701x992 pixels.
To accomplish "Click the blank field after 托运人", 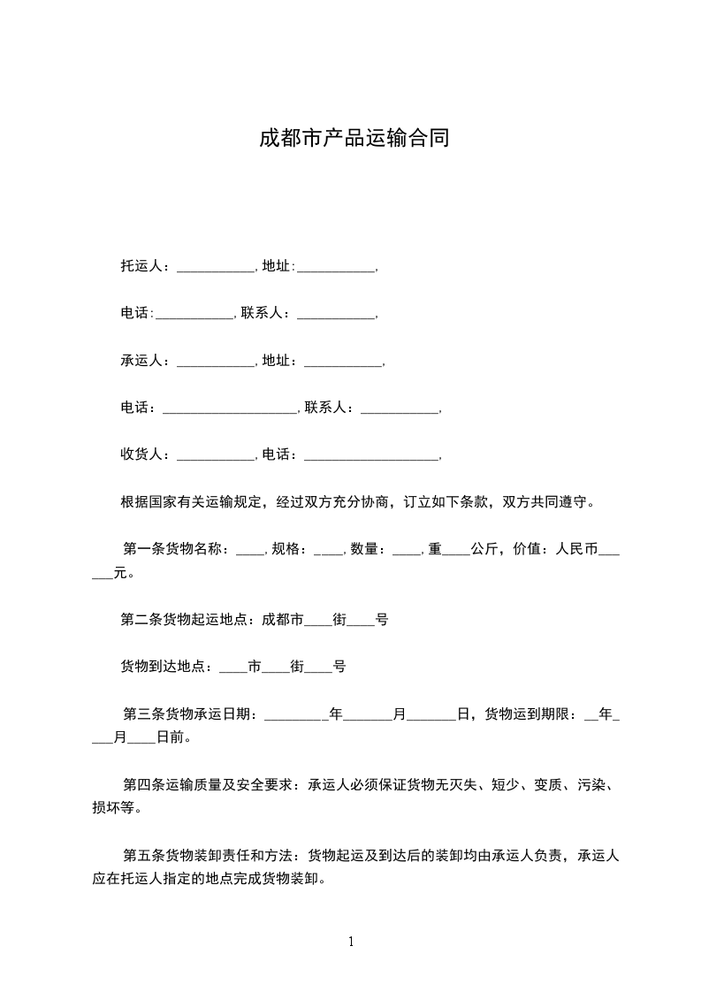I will [216, 266].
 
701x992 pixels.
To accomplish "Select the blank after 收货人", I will [216, 456].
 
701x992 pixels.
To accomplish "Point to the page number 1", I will [351, 942].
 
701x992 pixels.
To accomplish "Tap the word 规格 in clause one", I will [286, 549].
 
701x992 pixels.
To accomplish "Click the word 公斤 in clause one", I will [484, 549].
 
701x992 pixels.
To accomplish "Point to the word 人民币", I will [575, 549].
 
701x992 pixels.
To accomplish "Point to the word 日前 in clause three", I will [170, 736].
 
